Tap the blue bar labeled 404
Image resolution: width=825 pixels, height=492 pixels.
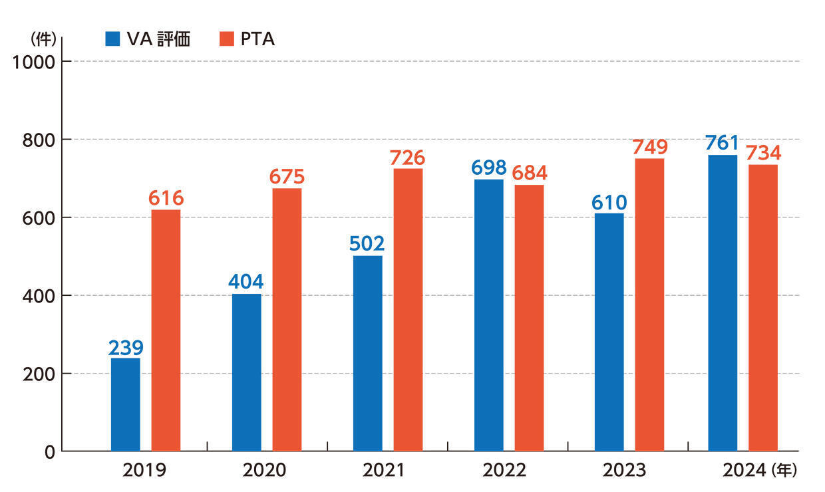click(x=246, y=372)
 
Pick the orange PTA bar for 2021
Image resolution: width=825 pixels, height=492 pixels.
click(x=408, y=310)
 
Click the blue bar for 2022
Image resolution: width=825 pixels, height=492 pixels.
click(x=488, y=315)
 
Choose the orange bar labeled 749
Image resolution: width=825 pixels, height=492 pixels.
click(x=649, y=305)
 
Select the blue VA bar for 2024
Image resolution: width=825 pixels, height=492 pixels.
click(x=723, y=303)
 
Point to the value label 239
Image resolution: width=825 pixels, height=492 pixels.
click(x=126, y=348)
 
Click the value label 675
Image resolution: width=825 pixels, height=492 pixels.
click(x=287, y=178)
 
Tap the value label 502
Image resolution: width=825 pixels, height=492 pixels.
click(x=367, y=244)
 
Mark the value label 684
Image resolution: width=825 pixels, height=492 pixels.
click(x=530, y=174)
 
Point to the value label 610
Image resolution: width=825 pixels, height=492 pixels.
click(x=609, y=201)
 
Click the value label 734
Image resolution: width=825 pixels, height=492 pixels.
click(x=763, y=153)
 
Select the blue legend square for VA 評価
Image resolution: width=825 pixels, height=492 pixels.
click(x=112, y=40)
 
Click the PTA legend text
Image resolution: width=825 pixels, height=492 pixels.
click(x=257, y=40)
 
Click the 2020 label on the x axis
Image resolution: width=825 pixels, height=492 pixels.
click(x=265, y=471)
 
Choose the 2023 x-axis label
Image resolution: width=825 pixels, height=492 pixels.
click(x=624, y=471)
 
